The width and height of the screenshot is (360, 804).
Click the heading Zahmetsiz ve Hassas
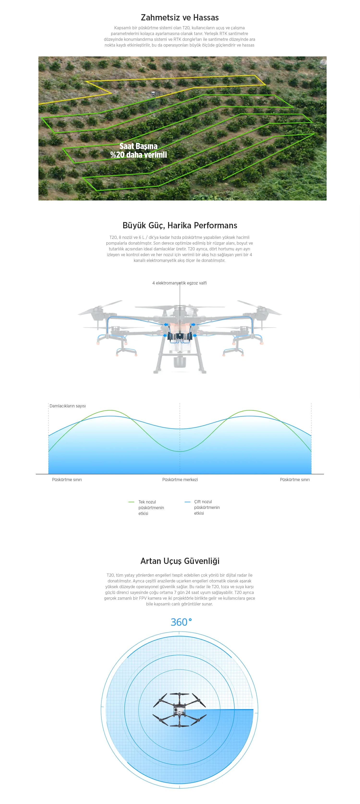pyautogui.click(x=180, y=18)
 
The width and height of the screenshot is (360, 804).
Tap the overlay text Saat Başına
pyautogui.click(x=138, y=146)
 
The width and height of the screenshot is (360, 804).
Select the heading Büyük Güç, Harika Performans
pyautogui.click(x=180, y=225)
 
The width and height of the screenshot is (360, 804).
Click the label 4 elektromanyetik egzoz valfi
pyautogui.click(x=180, y=283)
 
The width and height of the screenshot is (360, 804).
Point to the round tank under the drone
pyautogui.click(x=180, y=362)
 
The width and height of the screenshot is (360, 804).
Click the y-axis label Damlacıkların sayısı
pyautogui.click(x=67, y=406)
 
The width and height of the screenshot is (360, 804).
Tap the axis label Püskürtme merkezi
pyautogui.click(x=180, y=480)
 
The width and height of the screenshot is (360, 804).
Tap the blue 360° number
pyautogui.click(x=181, y=622)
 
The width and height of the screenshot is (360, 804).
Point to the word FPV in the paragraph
pyautogui.click(x=143, y=598)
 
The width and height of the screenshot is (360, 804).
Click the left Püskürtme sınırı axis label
pyautogui.click(x=67, y=480)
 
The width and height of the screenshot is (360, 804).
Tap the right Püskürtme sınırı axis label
pyautogui.click(x=295, y=480)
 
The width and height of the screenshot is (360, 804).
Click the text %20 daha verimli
pyautogui.click(x=138, y=155)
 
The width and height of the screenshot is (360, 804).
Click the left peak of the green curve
pyautogui.click(x=110, y=410)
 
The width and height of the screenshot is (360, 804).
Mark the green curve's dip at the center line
pyautogui.click(x=180, y=452)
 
